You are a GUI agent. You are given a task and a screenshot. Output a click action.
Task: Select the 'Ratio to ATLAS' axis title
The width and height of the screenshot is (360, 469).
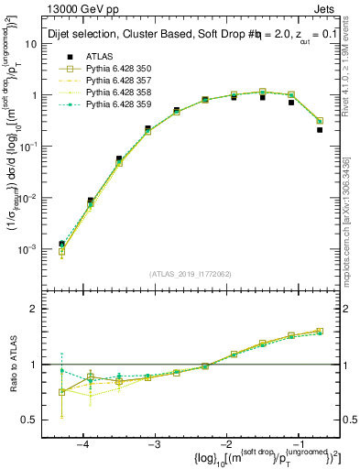tap(12, 364)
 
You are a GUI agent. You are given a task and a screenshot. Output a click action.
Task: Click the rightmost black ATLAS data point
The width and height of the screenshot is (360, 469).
tap(320, 130)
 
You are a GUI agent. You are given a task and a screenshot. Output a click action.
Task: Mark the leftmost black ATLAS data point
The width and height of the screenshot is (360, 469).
tap(61, 244)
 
